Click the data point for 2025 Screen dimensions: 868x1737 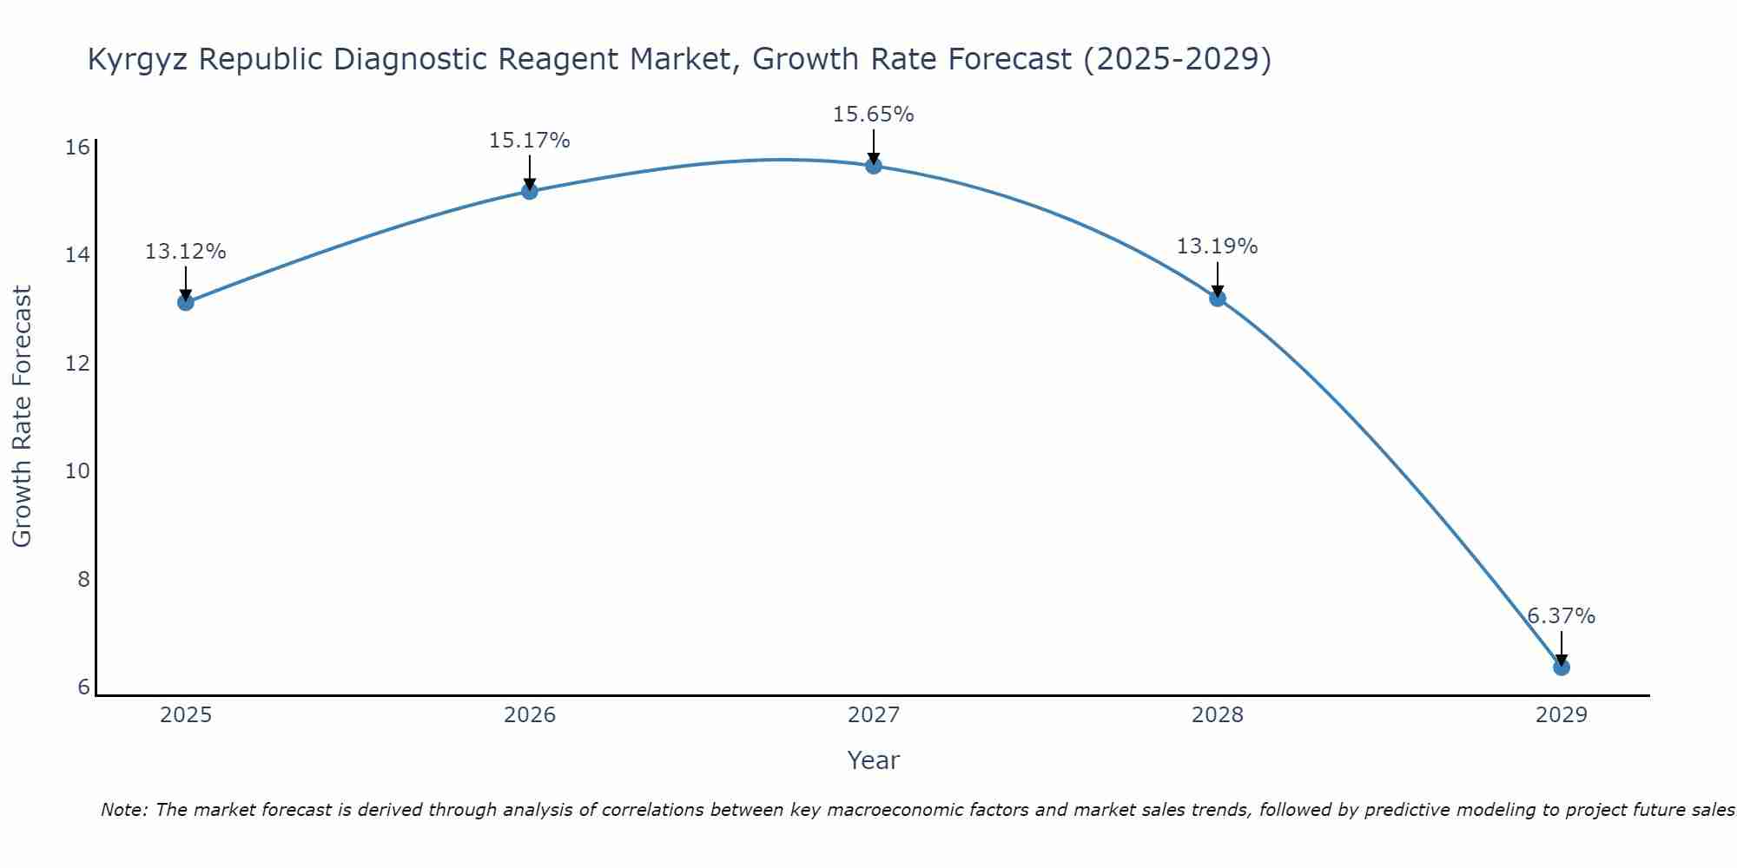point(185,302)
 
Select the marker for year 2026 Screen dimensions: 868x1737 point(529,191)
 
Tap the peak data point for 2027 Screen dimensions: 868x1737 point(873,166)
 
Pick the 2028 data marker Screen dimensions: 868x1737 point(1217,299)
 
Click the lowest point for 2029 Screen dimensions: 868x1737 point(1561,667)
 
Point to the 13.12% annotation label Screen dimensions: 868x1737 point(185,252)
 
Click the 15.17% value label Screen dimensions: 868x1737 point(529,141)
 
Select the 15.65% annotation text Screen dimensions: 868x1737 point(873,115)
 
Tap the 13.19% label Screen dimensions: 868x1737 point(1217,247)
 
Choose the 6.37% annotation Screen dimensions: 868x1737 point(1561,616)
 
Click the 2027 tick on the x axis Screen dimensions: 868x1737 point(873,715)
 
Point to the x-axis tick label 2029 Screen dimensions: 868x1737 point(1561,715)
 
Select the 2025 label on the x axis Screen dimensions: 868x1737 point(186,715)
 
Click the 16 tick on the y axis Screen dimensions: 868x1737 point(78,147)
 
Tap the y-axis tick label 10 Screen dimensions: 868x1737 point(78,471)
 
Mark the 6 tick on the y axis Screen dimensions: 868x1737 point(83,687)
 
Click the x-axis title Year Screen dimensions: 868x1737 point(873,760)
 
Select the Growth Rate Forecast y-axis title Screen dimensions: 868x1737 point(22,417)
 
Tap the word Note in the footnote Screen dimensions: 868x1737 point(124,811)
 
